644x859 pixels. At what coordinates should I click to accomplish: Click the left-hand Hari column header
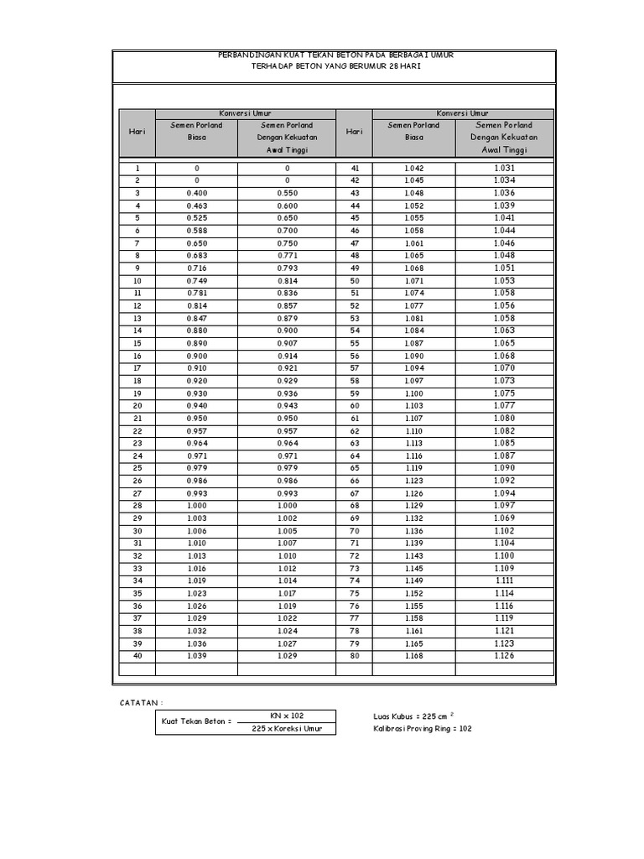tap(137, 132)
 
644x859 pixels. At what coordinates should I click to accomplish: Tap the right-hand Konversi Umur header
tap(462, 113)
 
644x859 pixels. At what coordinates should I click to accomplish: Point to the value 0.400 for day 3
tap(197, 193)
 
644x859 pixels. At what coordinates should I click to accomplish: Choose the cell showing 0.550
tap(287, 193)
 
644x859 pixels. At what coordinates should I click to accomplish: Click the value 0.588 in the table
tap(197, 231)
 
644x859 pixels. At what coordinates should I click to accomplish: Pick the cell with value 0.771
tap(287, 256)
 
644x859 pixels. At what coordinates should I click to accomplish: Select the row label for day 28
tap(137, 506)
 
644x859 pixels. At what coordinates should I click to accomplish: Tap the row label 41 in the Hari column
tap(355, 168)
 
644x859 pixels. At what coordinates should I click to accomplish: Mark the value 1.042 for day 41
tap(413, 168)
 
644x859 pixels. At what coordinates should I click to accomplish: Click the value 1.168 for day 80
tap(413, 656)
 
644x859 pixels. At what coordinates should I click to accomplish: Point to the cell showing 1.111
tap(504, 580)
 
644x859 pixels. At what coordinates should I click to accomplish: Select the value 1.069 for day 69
tap(504, 518)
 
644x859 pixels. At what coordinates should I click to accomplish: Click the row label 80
tap(355, 656)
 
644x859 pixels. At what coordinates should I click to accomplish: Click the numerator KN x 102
tap(286, 716)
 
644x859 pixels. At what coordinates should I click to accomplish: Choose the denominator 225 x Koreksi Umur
tap(286, 728)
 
